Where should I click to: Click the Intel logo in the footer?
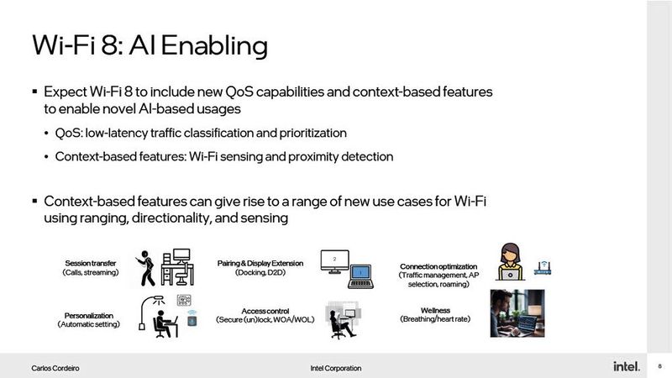click(626, 366)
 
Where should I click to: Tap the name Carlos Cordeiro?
click(57, 368)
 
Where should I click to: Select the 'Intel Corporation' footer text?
click(336, 368)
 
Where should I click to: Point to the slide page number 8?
click(660, 366)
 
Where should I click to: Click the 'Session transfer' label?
click(90, 263)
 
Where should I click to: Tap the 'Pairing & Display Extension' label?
click(260, 263)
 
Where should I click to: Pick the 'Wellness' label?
click(436, 310)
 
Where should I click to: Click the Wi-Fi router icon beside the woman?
click(542, 269)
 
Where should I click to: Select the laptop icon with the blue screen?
click(360, 275)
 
